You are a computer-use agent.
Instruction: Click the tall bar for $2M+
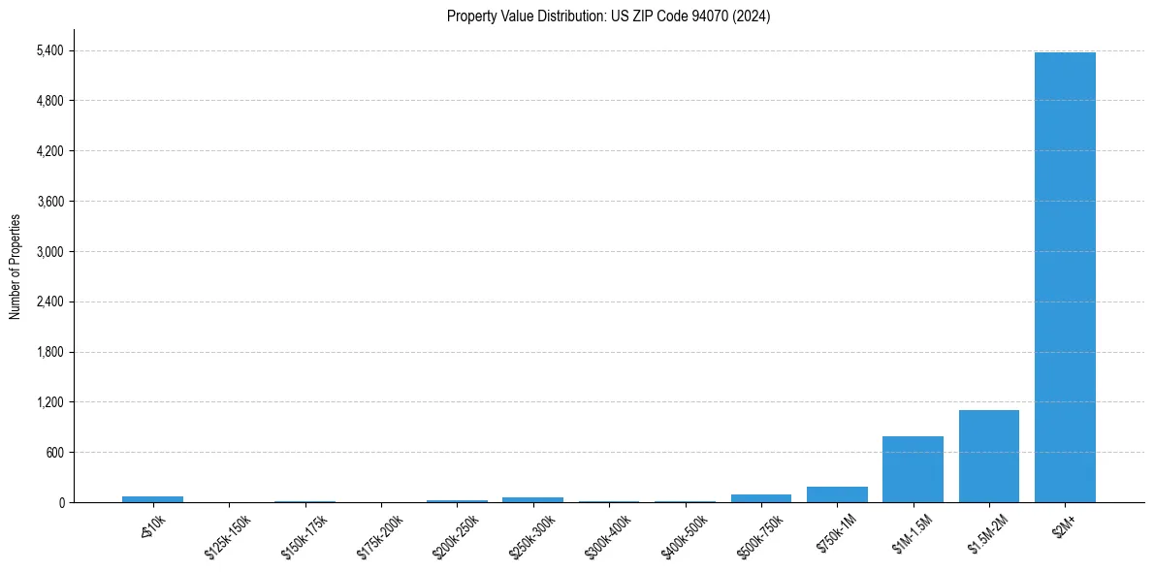(x=1065, y=277)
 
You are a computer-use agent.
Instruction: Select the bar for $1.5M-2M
(x=988, y=456)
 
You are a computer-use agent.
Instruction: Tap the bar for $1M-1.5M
(x=913, y=469)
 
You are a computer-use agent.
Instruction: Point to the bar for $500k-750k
(x=760, y=498)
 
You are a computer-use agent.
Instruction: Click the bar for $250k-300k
(x=532, y=499)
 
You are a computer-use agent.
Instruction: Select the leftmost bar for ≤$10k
(x=152, y=499)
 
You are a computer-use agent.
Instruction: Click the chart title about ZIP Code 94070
(x=608, y=16)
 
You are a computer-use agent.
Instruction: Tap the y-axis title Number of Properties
(x=16, y=266)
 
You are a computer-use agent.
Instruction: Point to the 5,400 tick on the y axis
(x=49, y=50)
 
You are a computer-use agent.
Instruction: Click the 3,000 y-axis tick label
(x=49, y=252)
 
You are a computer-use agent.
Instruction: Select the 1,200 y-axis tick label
(x=49, y=402)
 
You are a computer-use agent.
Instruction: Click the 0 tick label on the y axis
(x=61, y=503)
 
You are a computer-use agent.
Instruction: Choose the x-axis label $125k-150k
(x=227, y=537)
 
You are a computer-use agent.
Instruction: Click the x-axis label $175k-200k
(x=379, y=537)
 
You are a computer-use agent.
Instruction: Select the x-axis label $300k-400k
(x=607, y=537)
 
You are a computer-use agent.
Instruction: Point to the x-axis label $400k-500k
(x=684, y=537)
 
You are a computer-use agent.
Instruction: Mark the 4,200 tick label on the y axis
(x=49, y=151)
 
